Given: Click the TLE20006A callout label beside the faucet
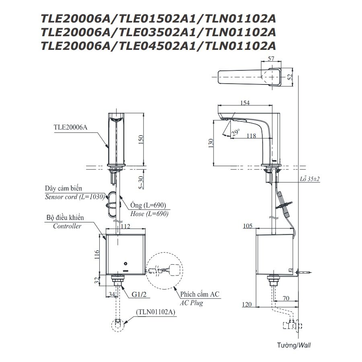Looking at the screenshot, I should click(x=70, y=127).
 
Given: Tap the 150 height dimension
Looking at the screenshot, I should click(x=140, y=139).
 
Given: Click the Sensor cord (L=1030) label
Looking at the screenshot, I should click(x=75, y=197).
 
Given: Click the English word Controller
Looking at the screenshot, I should click(x=67, y=226).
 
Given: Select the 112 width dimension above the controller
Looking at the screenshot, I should click(x=126, y=226).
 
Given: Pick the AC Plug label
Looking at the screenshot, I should click(x=191, y=303).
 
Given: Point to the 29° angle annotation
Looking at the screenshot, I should click(x=236, y=131).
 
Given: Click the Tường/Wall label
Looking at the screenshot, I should click(x=294, y=345).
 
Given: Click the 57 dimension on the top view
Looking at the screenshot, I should click(x=270, y=59).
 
